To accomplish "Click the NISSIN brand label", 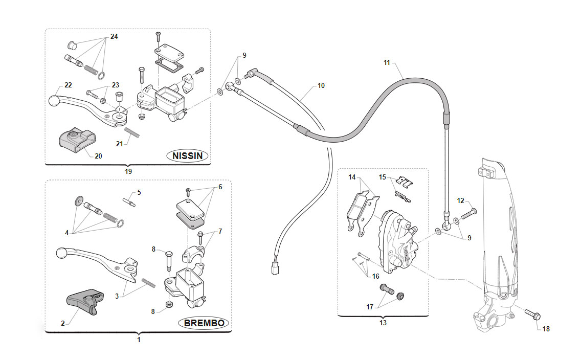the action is pyautogui.click(x=188, y=155).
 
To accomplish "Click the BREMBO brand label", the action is pyautogui.click(x=204, y=323).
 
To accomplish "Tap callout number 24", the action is pyautogui.click(x=114, y=36).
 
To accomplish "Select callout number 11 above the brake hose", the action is pyautogui.click(x=387, y=62).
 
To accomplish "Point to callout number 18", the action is pyautogui.click(x=546, y=329).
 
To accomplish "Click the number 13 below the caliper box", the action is pyautogui.click(x=383, y=323).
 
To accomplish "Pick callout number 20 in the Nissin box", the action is pyautogui.click(x=98, y=156).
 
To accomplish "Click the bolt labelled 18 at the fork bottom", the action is pyautogui.click(x=532, y=315).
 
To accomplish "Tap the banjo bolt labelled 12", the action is pyautogui.click(x=468, y=214).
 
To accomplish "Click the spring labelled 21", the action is pyautogui.click(x=132, y=132).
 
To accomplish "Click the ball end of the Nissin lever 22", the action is pyautogui.click(x=54, y=101).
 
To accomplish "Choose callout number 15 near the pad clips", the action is pyautogui.click(x=383, y=177).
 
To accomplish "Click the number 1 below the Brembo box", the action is pyautogui.click(x=139, y=340).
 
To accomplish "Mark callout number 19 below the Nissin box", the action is pyautogui.click(x=128, y=171).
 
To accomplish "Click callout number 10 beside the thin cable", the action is pyautogui.click(x=321, y=85).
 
